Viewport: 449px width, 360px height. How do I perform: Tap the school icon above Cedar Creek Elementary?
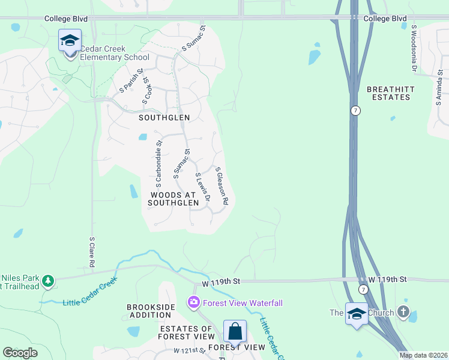(x=70, y=41)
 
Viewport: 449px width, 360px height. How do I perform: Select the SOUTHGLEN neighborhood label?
(x=164, y=118)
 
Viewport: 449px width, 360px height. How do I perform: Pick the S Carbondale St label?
(x=159, y=160)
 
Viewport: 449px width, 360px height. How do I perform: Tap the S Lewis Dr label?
(x=203, y=187)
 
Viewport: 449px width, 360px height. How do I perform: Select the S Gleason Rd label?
(x=222, y=187)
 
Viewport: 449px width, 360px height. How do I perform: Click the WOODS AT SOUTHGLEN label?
(x=175, y=199)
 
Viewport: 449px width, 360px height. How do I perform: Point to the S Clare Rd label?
(x=92, y=251)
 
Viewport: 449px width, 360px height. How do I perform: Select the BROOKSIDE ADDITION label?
(x=151, y=311)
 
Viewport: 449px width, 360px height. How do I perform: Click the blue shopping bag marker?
(x=235, y=331)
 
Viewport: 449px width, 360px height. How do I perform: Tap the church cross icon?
(x=403, y=312)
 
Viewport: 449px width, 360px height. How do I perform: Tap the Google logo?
(x=20, y=353)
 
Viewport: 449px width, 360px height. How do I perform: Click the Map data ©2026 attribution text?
(x=423, y=355)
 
